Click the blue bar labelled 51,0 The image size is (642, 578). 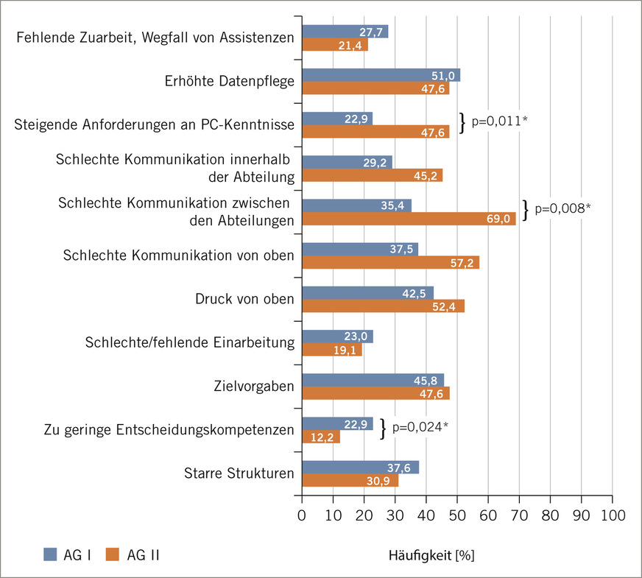[381, 75]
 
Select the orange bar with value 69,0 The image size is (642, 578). [409, 219]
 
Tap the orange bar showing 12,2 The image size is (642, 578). [321, 437]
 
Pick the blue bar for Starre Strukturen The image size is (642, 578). [360, 467]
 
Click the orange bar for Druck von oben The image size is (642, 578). [384, 306]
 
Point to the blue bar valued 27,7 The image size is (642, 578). [345, 32]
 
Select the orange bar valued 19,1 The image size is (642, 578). [332, 350]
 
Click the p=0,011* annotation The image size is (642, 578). [499, 121]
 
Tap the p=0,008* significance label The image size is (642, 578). [563, 208]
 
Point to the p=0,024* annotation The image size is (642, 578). [420, 427]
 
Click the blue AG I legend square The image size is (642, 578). [50, 554]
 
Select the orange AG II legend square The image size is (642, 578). [112, 554]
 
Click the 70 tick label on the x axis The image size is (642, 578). [519, 515]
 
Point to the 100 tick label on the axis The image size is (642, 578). [613, 515]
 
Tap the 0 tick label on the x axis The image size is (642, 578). [302, 515]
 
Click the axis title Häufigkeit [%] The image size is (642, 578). [431, 555]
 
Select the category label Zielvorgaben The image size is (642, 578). [254, 386]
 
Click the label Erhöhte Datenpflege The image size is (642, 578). [229, 81]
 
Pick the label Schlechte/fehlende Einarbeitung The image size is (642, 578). [189, 342]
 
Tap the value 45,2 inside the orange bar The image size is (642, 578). [426, 176]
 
